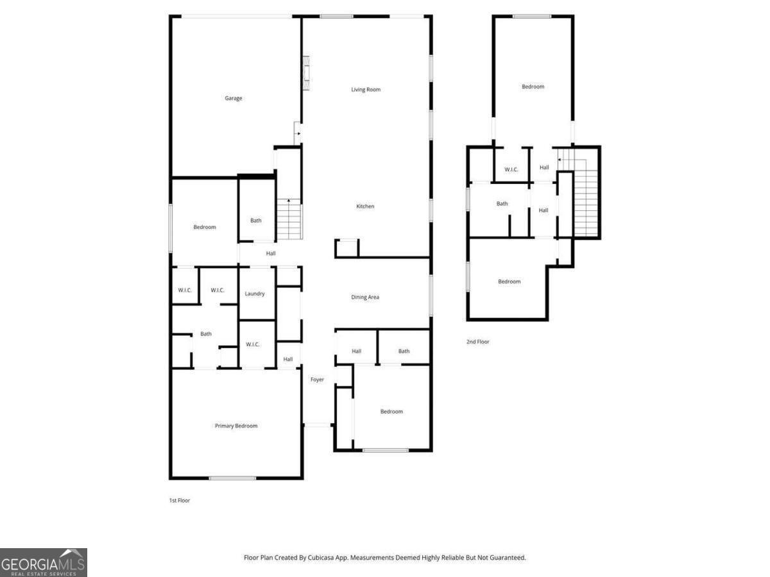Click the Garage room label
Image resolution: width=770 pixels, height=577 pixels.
coord(234,98)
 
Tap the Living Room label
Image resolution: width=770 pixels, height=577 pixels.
coord(366,90)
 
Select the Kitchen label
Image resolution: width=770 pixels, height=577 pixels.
coord(365,206)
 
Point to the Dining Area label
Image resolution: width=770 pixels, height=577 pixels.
coord(365,297)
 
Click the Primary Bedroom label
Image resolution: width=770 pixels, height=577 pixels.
coord(236,426)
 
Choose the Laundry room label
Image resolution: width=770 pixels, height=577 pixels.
coord(255,294)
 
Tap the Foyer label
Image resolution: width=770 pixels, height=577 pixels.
coord(317,380)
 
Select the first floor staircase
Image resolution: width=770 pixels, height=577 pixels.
coord(289,219)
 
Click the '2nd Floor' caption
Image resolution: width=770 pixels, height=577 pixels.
coord(478,342)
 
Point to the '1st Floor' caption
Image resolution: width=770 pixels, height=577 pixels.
coord(179,500)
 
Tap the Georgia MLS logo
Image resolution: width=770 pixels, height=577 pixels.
coord(43,562)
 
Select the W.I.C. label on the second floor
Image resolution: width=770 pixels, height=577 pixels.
coord(511,169)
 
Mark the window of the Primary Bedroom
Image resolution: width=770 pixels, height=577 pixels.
coord(232,478)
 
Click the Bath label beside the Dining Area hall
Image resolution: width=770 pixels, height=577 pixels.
coord(404,351)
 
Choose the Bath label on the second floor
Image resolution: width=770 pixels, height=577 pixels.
coord(502,204)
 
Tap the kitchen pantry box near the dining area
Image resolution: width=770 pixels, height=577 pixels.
coord(346,247)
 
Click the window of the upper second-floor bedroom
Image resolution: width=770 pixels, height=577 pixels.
coord(532,16)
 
